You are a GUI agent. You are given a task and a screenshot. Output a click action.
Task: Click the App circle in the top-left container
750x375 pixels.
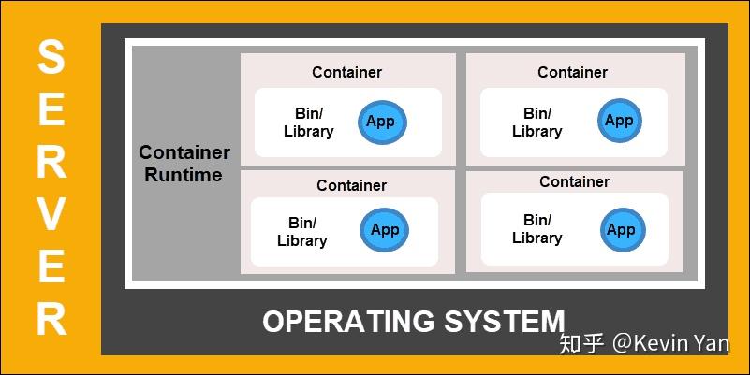(x=381, y=122)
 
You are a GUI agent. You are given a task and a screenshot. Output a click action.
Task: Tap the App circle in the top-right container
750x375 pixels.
(x=619, y=121)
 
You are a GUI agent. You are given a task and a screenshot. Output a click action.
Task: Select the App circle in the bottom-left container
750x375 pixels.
(x=384, y=230)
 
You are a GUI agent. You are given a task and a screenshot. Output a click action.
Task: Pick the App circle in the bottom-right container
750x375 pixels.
(x=621, y=230)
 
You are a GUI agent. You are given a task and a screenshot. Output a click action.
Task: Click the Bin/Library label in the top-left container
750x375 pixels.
(x=308, y=123)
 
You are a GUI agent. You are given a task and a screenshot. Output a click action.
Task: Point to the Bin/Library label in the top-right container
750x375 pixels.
(x=537, y=123)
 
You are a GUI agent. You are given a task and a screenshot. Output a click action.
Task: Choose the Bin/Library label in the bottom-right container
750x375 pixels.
(x=537, y=229)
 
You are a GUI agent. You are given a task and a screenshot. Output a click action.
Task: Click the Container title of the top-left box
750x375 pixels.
(x=346, y=72)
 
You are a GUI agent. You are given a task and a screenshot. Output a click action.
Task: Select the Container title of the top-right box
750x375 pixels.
(x=572, y=72)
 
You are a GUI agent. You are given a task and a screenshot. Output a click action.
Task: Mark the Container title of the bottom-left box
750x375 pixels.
(x=351, y=185)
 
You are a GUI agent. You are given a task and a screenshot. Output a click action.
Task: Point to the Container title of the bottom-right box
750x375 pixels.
(x=574, y=181)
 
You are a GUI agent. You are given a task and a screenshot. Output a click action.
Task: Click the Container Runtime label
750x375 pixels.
(x=184, y=164)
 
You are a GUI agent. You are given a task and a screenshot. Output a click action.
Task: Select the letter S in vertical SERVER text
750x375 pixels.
(x=51, y=58)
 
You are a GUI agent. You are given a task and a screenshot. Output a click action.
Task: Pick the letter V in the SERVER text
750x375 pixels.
(x=51, y=215)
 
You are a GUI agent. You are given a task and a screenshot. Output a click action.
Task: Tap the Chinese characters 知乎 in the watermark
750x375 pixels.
(x=581, y=343)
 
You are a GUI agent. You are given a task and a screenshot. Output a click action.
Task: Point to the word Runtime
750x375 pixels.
(x=184, y=175)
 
